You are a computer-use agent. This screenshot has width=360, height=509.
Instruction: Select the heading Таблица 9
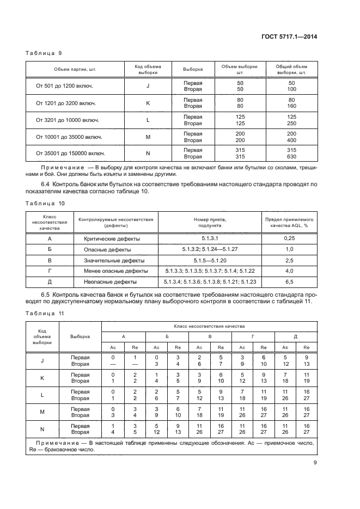point(44,53)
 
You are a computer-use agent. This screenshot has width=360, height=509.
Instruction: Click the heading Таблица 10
point(45,203)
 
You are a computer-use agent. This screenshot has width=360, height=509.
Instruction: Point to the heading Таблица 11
point(45,313)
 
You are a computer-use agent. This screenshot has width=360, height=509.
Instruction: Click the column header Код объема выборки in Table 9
point(148,69)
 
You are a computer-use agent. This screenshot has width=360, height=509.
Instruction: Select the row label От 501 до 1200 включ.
point(64,86)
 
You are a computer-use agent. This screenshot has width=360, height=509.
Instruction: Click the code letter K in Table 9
point(148,103)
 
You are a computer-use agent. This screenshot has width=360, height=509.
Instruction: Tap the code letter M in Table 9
point(148,137)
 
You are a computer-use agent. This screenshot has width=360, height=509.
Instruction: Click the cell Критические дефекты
point(112,238)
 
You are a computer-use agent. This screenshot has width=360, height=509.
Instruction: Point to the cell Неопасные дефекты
point(112,282)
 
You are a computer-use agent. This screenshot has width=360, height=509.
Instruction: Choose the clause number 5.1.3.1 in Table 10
point(210,238)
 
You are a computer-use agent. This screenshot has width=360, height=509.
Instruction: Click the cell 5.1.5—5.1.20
point(210,260)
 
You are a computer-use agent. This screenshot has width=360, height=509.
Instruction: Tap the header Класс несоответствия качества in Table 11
point(209,325)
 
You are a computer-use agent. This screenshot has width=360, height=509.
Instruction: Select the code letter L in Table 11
point(42,395)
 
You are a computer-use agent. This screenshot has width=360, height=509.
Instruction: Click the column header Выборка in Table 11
point(81,336)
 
